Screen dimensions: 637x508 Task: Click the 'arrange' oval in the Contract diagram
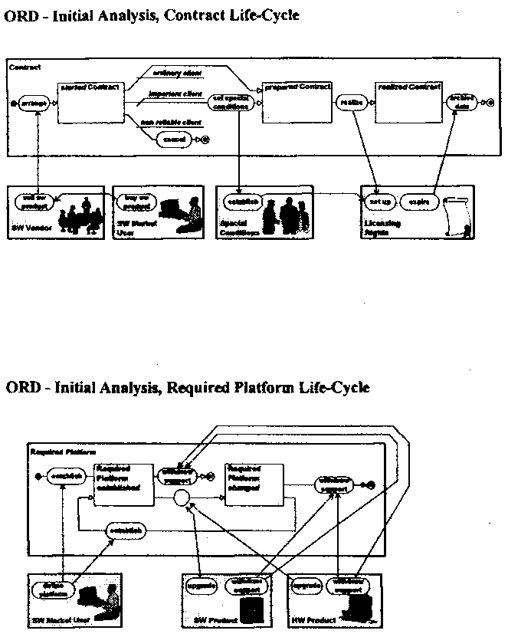[x=34, y=103]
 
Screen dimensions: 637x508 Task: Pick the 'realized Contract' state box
[x=408, y=102]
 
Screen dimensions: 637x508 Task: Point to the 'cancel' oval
[x=174, y=140]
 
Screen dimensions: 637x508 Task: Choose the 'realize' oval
[x=348, y=102]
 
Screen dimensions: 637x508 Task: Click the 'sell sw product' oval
[x=34, y=200]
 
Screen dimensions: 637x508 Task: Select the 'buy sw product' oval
[x=136, y=201]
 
